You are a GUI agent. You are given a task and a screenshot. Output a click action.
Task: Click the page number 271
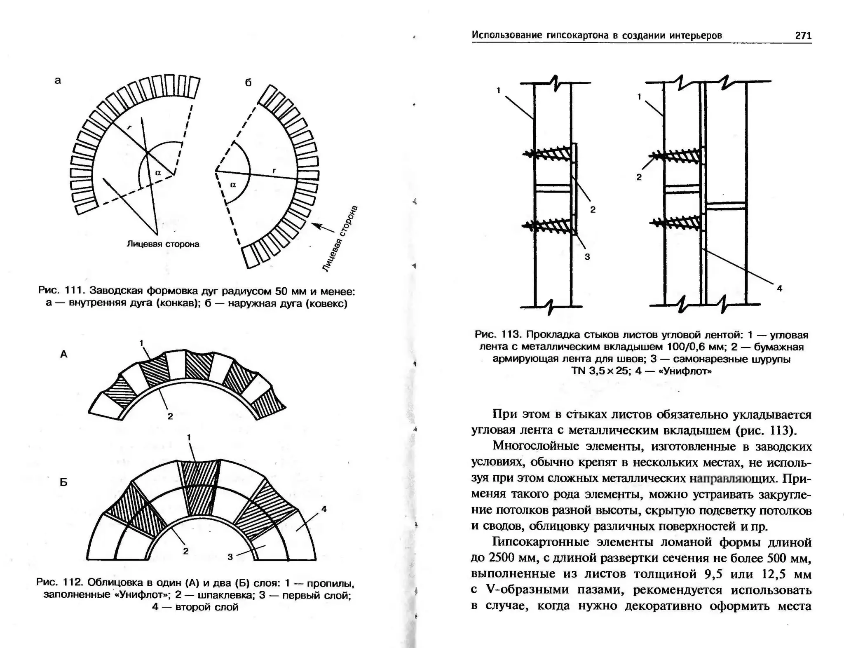[x=803, y=36]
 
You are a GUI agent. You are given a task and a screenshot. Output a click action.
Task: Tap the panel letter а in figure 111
[x=58, y=81]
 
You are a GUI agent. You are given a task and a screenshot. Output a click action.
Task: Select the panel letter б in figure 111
[x=248, y=83]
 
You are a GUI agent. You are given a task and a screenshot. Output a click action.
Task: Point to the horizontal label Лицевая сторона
[x=163, y=244]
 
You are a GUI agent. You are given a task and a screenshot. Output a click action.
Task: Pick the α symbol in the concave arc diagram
[x=158, y=173]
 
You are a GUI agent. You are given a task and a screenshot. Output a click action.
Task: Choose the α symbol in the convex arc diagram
[x=233, y=185]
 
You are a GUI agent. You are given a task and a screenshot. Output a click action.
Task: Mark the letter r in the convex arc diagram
[x=274, y=170]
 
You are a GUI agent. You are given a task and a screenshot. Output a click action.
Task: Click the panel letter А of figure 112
[x=63, y=354]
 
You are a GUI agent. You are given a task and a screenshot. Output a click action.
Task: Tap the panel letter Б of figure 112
[x=63, y=482]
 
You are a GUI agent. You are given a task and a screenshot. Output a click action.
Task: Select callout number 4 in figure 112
[x=324, y=509]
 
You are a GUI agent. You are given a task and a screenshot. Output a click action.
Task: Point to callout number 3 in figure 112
[x=230, y=557]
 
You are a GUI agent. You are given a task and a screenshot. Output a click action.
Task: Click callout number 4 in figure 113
[x=779, y=289]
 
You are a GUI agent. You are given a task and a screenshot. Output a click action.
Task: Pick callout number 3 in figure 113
[x=587, y=257]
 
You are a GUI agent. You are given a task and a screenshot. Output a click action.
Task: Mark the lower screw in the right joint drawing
[x=676, y=223]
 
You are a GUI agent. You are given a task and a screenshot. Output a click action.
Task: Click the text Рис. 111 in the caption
[x=61, y=291]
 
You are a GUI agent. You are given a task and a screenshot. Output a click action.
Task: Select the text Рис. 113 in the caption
[x=498, y=334]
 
